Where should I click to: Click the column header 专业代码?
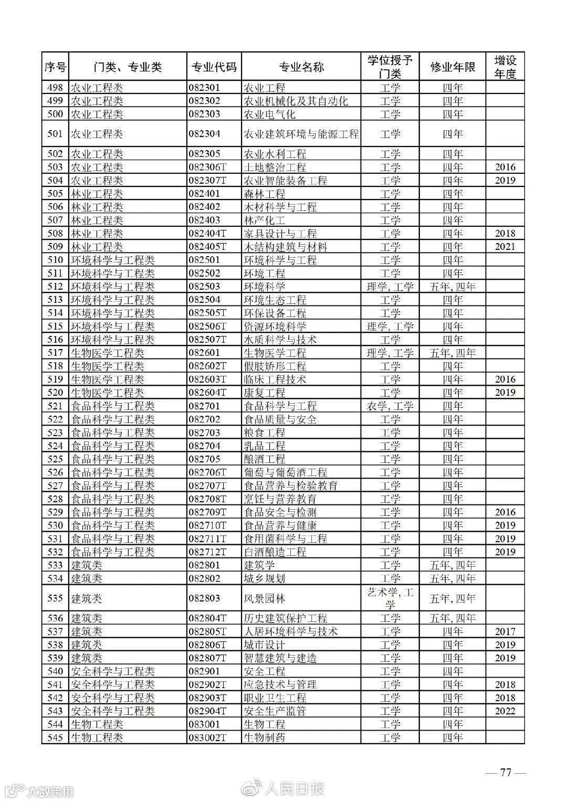[214, 67]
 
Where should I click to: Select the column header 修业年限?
[453, 67]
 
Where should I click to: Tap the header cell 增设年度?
[505, 67]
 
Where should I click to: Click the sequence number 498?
[55, 88]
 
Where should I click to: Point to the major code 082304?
[204, 134]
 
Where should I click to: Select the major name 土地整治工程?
[275, 167]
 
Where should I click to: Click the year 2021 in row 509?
[505, 247]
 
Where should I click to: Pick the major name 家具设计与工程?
[280, 234]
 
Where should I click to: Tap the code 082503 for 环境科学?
[204, 287]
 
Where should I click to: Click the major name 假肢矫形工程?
[275, 366]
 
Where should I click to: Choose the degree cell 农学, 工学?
[390, 406]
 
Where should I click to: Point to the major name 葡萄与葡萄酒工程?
[285, 472]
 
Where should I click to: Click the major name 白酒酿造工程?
[275, 552]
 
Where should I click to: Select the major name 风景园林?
[265, 598]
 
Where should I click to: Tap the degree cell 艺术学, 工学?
[390, 598]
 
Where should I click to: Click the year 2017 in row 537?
[505, 631]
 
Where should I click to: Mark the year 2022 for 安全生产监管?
[505, 711]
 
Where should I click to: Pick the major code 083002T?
[207, 737]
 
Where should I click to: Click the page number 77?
[506, 773]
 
